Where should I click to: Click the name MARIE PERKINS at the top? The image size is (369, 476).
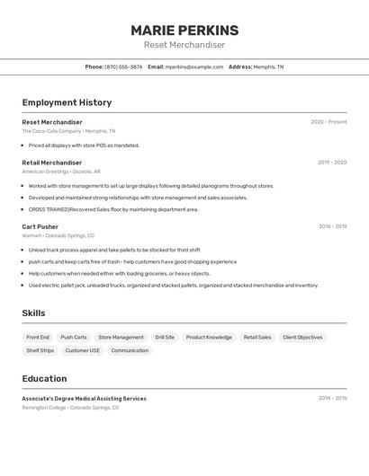(x=184, y=30)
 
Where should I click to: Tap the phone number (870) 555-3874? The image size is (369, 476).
(x=123, y=66)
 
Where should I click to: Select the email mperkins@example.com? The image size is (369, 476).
(x=194, y=66)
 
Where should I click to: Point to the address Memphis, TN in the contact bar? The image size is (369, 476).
(x=268, y=66)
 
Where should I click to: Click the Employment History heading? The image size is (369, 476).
(x=67, y=102)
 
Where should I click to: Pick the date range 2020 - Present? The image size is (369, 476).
(x=328, y=122)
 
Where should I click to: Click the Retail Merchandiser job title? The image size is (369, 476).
(x=51, y=163)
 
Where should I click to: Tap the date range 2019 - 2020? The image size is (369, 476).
(x=332, y=163)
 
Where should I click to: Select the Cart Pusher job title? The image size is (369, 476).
(x=40, y=226)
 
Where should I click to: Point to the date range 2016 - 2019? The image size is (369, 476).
(x=332, y=226)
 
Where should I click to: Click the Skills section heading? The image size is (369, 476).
(x=34, y=313)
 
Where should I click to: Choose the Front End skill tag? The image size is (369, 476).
(x=38, y=338)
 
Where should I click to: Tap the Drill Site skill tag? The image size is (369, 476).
(x=165, y=338)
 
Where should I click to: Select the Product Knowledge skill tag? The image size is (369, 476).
(x=209, y=338)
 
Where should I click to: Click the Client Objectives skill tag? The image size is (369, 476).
(x=302, y=338)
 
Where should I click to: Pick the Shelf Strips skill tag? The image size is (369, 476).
(x=40, y=350)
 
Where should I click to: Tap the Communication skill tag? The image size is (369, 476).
(x=130, y=350)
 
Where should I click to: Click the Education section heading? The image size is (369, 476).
(x=44, y=378)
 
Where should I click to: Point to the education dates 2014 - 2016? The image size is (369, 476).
(x=332, y=398)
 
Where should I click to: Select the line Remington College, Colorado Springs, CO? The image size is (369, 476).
(x=70, y=408)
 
